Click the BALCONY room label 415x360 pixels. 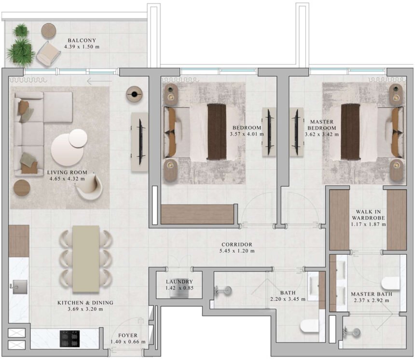click(x=82, y=40)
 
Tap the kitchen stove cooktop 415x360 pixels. click(x=69, y=338)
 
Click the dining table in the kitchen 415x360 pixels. click(x=86, y=259)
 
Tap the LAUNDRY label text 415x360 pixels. click(x=179, y=282)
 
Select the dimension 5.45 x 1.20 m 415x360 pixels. click(x=236, y=251)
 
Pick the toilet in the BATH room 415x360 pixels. click(x=310, y=327)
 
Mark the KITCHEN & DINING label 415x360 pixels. click(x=85, y=303)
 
